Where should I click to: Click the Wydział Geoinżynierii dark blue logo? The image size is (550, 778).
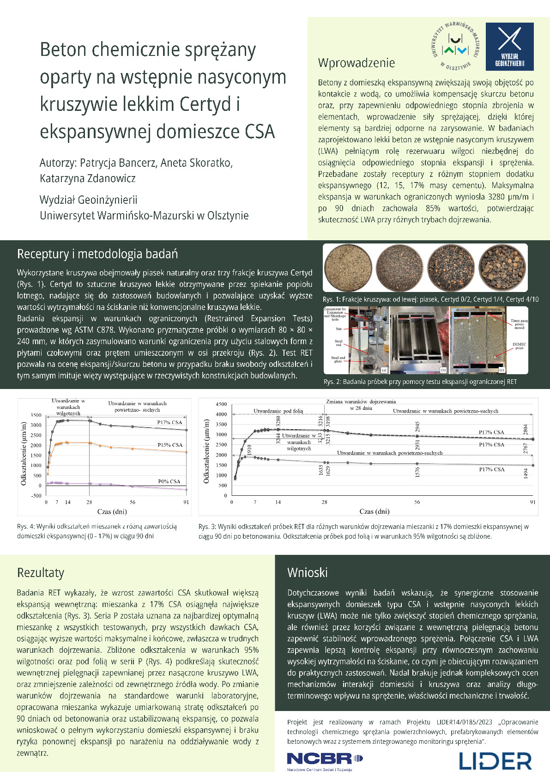pos(509,46)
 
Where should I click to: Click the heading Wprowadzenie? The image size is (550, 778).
pos(356,63)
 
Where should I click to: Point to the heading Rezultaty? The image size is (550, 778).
pos(41,572)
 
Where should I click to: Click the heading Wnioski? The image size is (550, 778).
pos(307,572)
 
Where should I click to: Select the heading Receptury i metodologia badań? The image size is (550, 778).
pos(97,254)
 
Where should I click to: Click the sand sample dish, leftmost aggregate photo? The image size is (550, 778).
pos(349,268)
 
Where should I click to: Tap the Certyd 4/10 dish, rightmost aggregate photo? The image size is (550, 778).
pos(502,268)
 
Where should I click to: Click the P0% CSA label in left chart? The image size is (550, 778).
pos(169,481)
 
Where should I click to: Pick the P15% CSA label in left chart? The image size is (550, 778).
pos(170,445)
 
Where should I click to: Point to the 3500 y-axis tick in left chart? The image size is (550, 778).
pos(36,415)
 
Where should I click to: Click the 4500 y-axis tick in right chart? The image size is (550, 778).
pos(221,404)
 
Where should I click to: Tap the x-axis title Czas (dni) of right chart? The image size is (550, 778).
pos(374,511)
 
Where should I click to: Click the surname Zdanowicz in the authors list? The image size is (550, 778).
pos(111,178)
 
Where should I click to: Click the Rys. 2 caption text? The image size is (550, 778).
pos(420,382)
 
